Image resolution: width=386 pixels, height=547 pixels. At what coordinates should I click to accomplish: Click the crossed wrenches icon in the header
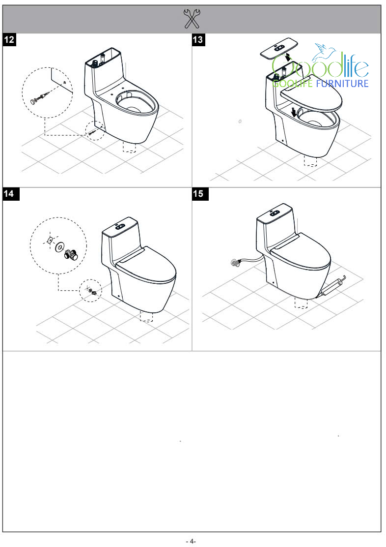[x=192, y=19]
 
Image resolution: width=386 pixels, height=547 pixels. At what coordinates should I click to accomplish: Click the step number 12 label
[x=9, y=39]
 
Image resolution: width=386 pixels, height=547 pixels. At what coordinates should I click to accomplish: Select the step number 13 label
[x=198, y=39]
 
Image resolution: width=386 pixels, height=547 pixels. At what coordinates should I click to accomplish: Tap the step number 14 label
[x=9, y=194]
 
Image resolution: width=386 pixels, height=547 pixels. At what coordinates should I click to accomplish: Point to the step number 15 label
[x=198, y=194]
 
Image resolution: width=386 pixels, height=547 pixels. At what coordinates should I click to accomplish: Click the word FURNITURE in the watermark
[x=342, y=83]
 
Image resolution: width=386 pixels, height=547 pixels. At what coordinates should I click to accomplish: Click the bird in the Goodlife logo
[x=324, y=51]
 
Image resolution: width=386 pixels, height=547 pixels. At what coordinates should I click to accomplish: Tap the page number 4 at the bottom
[x=191, y=541]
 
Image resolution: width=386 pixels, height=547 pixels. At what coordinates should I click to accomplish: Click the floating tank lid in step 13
[x=279, y=48]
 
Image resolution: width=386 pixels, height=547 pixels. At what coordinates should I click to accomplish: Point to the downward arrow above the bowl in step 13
[x=294, y=112]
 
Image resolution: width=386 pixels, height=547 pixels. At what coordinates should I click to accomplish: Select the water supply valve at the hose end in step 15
[x=236, y=262]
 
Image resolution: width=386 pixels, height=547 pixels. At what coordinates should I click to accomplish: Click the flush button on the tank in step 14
[x=120, y=226]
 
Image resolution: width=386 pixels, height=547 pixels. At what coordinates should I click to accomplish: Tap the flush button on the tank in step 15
[x=275, y=213]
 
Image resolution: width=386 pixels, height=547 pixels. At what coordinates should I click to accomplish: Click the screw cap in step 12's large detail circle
[x=34, y=101]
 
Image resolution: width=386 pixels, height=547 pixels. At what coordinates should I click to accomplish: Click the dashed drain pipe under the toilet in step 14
[x=147, y=316]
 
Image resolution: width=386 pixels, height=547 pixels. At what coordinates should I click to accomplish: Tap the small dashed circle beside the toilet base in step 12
[x=95, y=130]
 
